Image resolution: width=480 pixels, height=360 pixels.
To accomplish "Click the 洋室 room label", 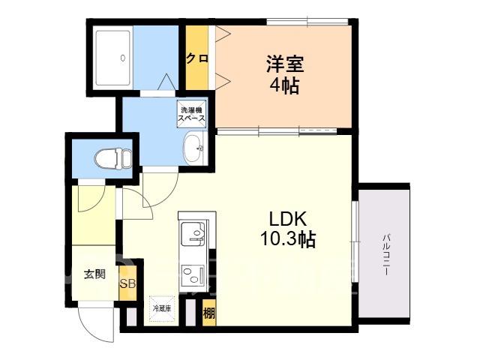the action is pyautogui.click(x=285, y=64).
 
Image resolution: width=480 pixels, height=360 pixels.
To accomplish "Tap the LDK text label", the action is pyautogui.click(x=287, y=219).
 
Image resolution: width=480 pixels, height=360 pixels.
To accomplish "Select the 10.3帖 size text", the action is pyautogui.click(x=288, y=238).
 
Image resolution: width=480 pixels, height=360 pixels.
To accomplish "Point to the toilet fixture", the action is pyautogui.click(x=112, y=158).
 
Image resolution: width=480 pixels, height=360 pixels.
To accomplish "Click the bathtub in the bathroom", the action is pyautogui.click(x=112, y=58).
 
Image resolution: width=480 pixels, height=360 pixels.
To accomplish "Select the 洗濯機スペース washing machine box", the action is pyautogui.click(x=192, y=114).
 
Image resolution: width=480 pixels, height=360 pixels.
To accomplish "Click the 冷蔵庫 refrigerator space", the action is pyautogui.click(x=162, y=308).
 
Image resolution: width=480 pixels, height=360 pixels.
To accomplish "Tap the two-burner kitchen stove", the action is pyautogui.click(x=193, y=275).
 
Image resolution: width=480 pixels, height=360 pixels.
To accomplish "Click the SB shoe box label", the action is pyautogui.click(x=127, y=283).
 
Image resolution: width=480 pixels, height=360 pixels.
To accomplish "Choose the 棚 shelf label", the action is pyautogui.click(x=209, y=313).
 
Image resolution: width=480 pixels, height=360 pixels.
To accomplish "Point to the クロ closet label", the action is pyautogui.click(x=197, y=58).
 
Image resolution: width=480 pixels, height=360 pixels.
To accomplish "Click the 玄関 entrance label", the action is pyautogui.click(x=95, y=274).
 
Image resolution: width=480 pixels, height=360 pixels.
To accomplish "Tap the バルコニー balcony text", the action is pyautogui.click(x=387, y=255).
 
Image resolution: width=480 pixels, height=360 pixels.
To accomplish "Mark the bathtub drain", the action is pyautogui.click(x=123, y=58).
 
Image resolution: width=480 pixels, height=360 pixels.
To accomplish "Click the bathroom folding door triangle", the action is pyautogui.click(x=166, y=82).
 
